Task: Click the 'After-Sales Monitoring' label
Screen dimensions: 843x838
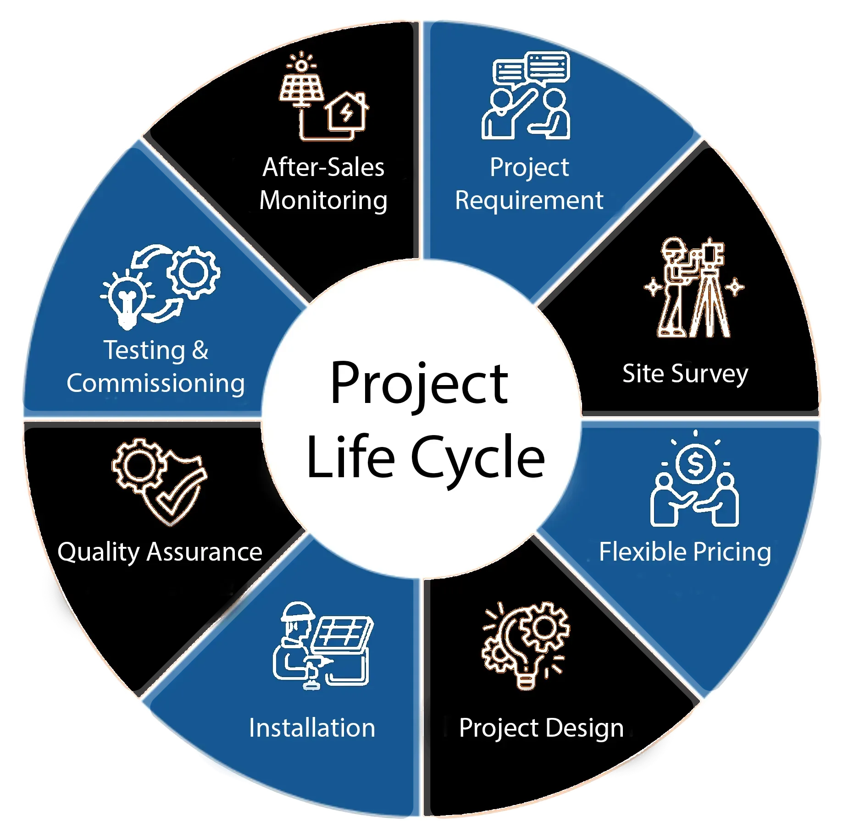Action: point(323,183)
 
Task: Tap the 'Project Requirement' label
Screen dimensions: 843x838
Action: point(529,183)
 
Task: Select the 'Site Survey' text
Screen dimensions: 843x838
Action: point(685,374)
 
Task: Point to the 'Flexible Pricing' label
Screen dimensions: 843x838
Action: point(685,551)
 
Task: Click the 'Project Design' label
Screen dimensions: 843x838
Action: point(541,728)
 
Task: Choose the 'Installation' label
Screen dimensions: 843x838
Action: point(312,728)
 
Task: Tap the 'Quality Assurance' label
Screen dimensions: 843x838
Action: point(160,551)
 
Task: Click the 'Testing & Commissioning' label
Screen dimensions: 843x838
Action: point(155,367)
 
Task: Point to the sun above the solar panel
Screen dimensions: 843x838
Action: point(301,64)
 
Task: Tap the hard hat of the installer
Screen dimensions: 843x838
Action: point(298,612)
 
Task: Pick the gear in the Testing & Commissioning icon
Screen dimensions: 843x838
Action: point(193,272)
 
